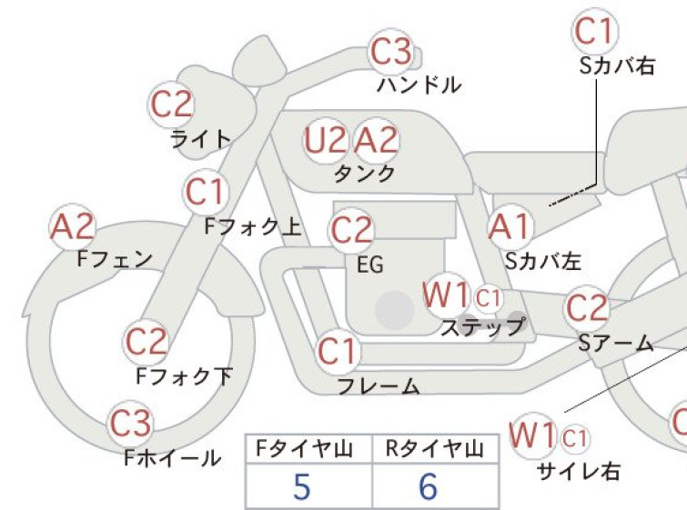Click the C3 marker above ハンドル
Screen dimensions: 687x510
391,52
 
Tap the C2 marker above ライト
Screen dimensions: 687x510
171,105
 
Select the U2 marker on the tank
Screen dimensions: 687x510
325,141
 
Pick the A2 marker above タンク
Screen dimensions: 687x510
376,141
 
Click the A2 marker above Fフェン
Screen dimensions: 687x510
72,227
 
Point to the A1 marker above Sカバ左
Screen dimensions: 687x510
510,227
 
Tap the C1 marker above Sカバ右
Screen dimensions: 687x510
594,31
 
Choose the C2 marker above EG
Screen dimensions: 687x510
351,231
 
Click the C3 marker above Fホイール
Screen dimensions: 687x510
130,424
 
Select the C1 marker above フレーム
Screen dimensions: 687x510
338,351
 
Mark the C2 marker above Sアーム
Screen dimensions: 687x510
587,308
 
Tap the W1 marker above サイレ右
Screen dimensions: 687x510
533,435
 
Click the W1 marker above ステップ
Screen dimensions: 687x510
447,295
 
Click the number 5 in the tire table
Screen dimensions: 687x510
301,486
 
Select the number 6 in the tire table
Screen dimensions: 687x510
428,486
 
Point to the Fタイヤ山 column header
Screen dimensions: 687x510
304,449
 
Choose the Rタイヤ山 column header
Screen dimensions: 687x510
435,449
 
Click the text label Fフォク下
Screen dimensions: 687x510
184,376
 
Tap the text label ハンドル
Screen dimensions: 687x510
419,85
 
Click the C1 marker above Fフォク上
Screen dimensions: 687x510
206,192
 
